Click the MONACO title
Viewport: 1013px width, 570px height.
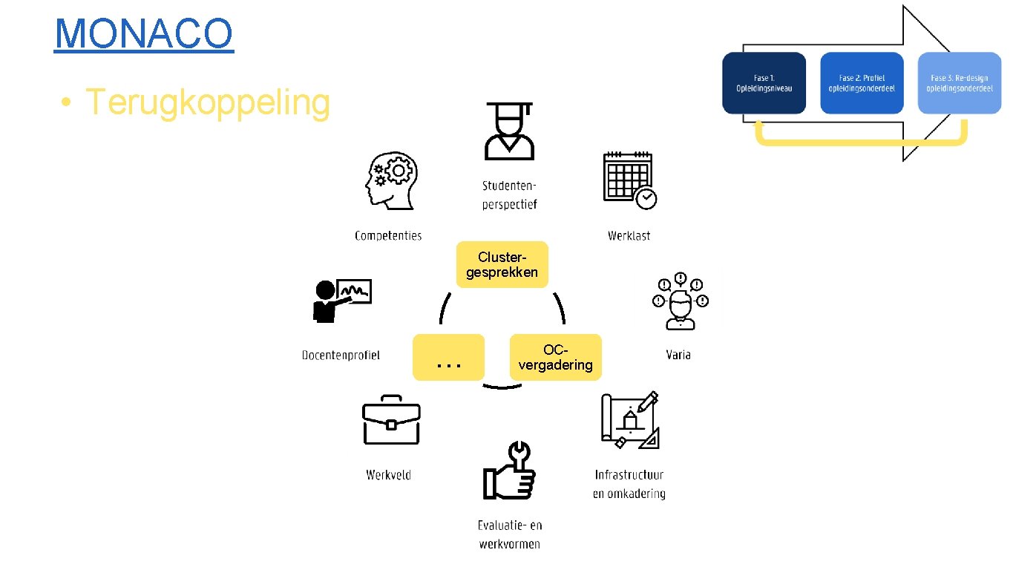tap(144, 33)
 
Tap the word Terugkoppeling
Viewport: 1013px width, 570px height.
tap(207, 102)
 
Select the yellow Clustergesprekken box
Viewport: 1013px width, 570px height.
tap(502, 264)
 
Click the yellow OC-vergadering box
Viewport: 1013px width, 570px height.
tap(555, 357)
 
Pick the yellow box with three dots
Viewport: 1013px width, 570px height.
tap(449, 358)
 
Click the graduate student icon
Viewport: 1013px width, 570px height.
tap(509, 131)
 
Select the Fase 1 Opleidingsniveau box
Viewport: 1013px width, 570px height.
tap(764, 83)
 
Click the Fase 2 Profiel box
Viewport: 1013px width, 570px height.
tap(862, 83)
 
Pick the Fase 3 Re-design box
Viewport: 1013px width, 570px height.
tap(959, 83)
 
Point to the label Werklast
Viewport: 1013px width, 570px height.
tap(629, 236)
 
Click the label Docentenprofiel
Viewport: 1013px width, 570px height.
tap(341, 356)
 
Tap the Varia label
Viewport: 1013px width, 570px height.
tap(678, 355)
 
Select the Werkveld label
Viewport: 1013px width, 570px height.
tap(388, 475)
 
